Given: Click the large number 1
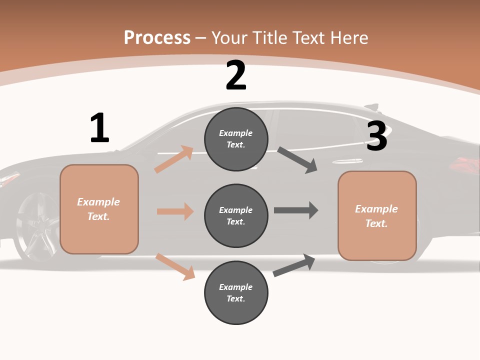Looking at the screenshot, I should (x=99, y=128).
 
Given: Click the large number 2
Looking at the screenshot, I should (x=236, y=76).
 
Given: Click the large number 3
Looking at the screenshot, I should (x=377, y=136).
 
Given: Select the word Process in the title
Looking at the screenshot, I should (x=157, y=37).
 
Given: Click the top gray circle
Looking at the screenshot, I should (x=236, y=139).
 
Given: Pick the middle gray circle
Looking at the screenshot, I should (x=236, y=215).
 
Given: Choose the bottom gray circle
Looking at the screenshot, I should (x=236, y=292).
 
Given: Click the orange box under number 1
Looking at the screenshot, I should (x=99, y=209).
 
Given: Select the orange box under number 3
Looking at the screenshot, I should (x=377, y=216).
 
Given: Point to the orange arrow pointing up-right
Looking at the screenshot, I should (x=174, y=159).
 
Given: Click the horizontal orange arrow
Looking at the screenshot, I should (x=175, y=211).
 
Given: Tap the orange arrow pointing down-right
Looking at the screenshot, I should (x=175, y=266).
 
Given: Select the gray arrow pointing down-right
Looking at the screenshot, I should (x=297, y=160).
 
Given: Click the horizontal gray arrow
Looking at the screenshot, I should (x=296, y=210).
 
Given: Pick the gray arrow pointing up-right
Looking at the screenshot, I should (x=294, y=265).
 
